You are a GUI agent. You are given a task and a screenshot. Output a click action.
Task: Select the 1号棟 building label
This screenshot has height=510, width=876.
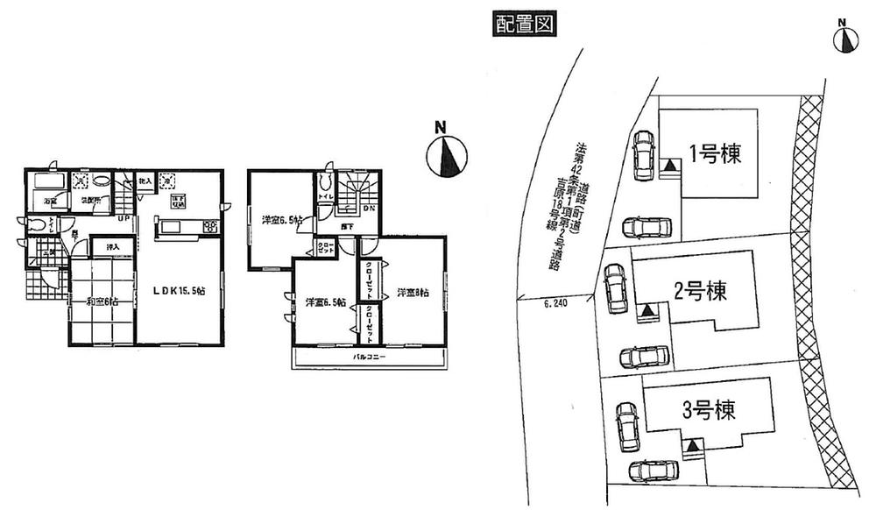tap(714, 155)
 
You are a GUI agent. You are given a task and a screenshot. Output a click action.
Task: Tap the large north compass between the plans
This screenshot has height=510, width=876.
tap(445, 154)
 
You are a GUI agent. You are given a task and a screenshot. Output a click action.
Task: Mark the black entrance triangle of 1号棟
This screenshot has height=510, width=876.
tap(669, 165)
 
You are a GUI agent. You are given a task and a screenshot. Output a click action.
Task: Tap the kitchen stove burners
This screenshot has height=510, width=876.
tap(210, 228)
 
